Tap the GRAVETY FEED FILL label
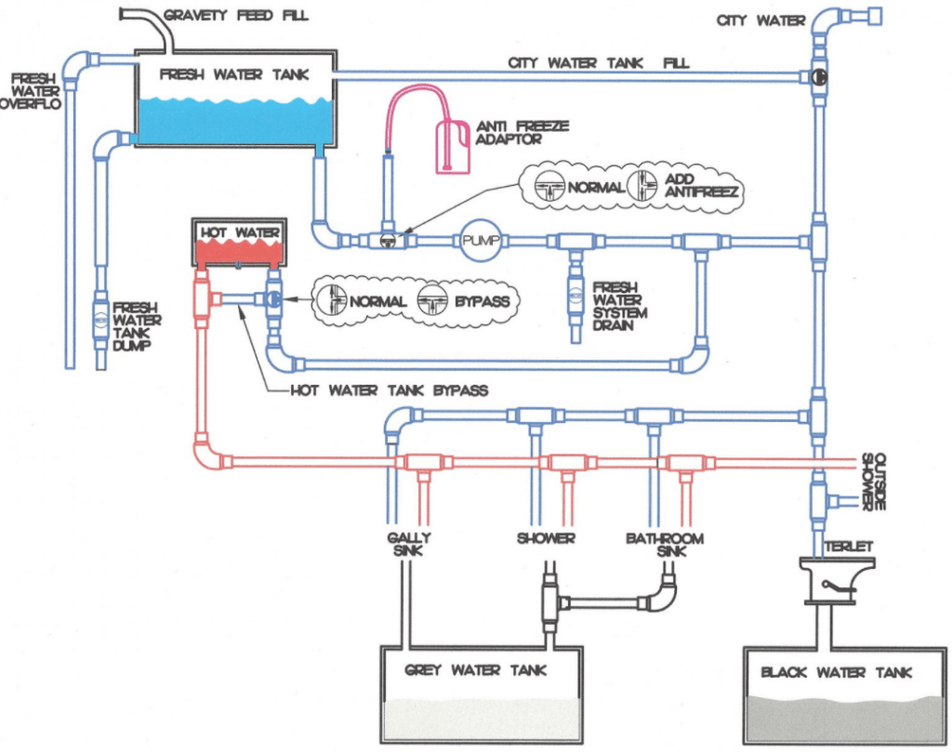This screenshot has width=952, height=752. click(x=235, y=15)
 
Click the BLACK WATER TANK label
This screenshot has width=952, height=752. click(x=836, y=672)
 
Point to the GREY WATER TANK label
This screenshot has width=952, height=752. click(x=476, y=669)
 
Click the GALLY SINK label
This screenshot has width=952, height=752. click(x=409, y=545)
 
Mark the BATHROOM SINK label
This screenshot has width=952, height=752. click(x=664, y=545)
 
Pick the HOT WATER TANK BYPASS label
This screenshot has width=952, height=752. click(x=389, y=390)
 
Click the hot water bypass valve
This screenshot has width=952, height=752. click(x=273, y=300)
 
